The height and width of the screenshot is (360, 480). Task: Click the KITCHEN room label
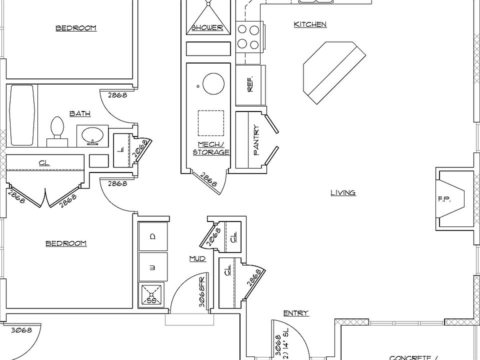[310, 24]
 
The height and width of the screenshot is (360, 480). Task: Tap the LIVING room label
[343, 192]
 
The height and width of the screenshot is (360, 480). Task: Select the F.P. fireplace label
[444, 199]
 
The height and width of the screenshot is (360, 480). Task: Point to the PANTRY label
[256, 139]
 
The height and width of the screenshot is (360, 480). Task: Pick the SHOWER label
[207, 27]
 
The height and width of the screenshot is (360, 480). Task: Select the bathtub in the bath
[21, 115]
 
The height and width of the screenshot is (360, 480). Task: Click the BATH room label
[80, 113]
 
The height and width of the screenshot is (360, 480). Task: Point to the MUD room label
[197, 258]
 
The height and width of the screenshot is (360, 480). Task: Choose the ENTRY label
[295, 313]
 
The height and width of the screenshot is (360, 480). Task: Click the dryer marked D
[153, 236]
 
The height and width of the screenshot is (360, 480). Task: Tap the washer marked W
[153, 267]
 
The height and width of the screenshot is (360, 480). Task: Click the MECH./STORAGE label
[210, 148]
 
